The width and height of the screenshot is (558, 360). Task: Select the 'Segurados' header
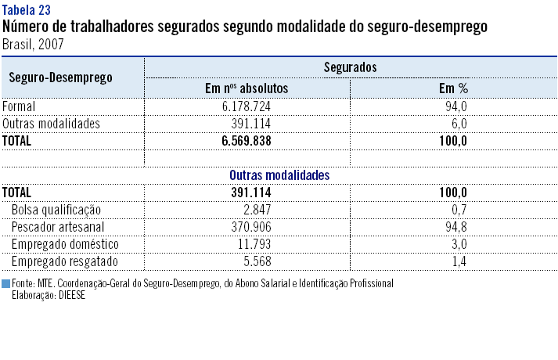351,68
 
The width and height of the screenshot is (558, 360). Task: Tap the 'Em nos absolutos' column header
247,88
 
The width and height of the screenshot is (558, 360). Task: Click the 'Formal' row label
20,106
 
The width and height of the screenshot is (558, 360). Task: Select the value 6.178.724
247,106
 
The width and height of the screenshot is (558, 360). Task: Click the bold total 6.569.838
247,141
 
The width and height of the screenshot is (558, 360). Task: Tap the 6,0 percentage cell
459,124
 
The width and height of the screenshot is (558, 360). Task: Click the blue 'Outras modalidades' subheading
279,175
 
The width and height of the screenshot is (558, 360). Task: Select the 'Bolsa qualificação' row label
56,210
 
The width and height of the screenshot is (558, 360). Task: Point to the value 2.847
257,210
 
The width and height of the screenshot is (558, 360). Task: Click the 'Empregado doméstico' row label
64,244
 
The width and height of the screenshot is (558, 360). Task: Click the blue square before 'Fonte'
5,283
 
